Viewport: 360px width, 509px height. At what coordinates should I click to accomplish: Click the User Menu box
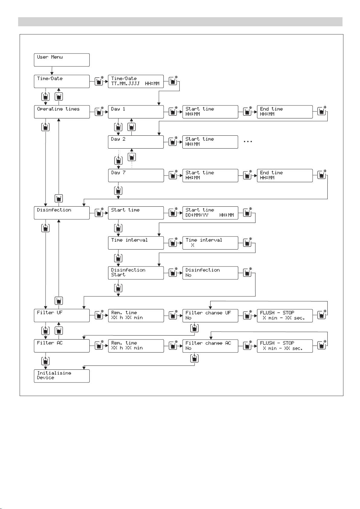[x=62, y=60]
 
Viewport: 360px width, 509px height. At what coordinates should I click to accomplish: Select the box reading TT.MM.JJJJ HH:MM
[x=136, y=81]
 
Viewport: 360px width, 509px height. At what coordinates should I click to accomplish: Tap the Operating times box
[x=62, y=112]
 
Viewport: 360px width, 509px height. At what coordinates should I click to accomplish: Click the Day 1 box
[x=136, y=112]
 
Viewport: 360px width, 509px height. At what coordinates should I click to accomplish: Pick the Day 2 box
[x=136, y=142]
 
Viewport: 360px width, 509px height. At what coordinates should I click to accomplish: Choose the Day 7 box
[x=136, y=176]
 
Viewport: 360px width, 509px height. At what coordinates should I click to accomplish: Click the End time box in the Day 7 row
[x=284, y=176]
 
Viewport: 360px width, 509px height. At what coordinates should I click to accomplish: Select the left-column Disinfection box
[x=62, y=213]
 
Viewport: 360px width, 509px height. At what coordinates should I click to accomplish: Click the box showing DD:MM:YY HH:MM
[x=210, y=213]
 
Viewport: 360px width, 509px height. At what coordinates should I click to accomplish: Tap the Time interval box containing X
[x=210, y=243]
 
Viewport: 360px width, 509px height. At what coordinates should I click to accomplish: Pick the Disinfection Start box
[x=136, y=273]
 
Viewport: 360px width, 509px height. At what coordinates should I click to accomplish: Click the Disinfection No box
[x=210, y=273]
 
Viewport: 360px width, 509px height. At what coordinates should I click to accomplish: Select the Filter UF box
[x=62, y=315]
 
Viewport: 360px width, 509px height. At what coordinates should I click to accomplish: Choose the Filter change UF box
[x=210, y=315]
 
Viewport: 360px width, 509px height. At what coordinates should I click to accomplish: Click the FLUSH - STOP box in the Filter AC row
[x=284, y=346]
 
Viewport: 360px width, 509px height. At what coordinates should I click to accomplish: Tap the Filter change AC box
[x=210, y=346]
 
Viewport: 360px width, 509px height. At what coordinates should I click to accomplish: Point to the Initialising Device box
[x=62, y=376]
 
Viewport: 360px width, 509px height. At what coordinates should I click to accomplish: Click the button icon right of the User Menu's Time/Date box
[x=99, y=81]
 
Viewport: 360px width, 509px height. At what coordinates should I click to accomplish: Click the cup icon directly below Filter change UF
[x=194, y=328]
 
